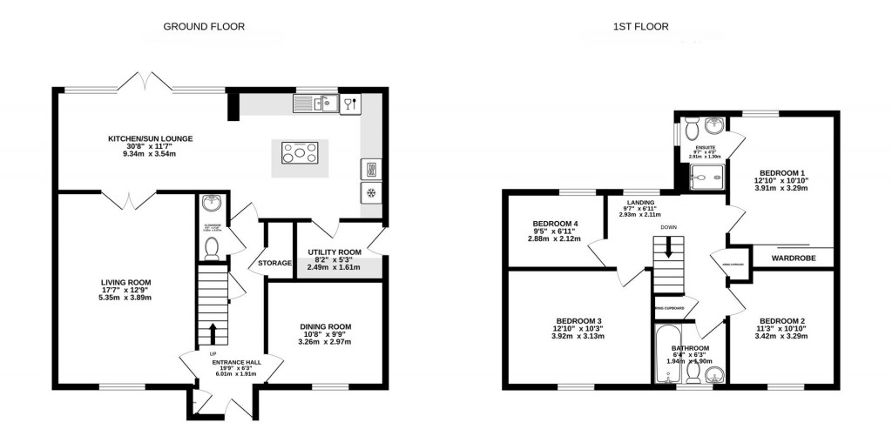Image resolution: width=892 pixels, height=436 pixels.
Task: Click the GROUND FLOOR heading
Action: pyautogui.click(x=204, y=27)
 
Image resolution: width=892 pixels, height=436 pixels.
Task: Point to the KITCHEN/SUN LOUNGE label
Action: pyautogui.click(x=150, y=139)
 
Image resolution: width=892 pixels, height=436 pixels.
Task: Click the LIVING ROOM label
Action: pyautogui.click(x=126, y=282)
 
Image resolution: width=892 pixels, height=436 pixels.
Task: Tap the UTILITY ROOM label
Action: pyautogui.click(x=334, y=252)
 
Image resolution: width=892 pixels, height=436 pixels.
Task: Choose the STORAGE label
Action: pyautogui.click(x=274, y=263)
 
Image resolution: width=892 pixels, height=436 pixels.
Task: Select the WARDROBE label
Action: pyautogui.click(x=789, y=258)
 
